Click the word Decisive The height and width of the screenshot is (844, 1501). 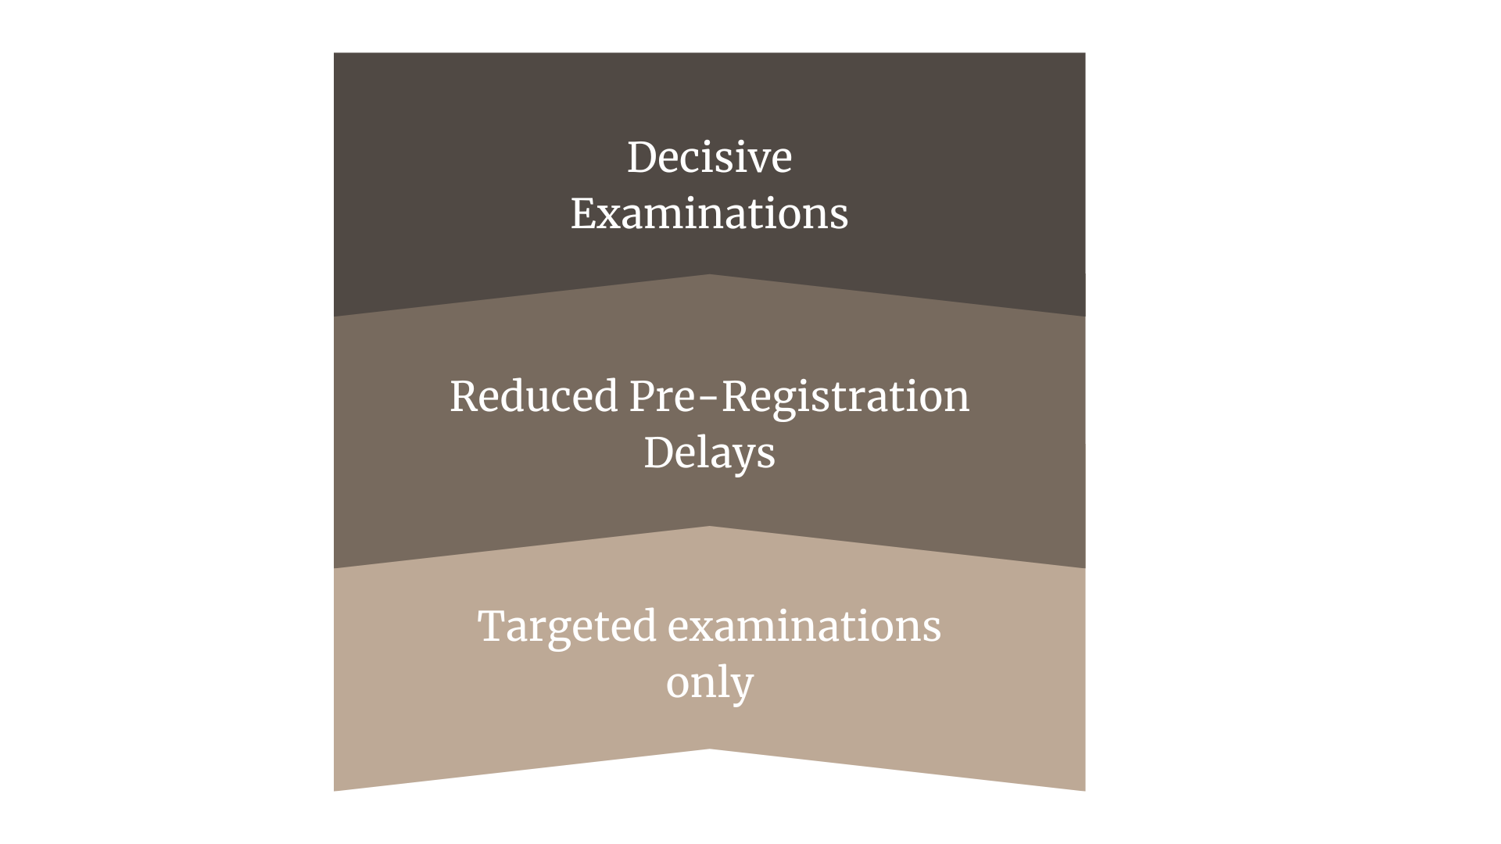709,157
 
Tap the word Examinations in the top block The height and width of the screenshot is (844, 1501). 709,213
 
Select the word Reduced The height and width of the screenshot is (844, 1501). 534,396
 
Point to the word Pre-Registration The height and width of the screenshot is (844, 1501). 799,396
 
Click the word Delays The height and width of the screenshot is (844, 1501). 709,453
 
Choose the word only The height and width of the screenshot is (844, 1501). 709,683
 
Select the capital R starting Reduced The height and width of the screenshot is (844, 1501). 464,396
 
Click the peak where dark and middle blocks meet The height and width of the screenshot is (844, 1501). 710,275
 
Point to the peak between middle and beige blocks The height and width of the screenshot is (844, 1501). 710,527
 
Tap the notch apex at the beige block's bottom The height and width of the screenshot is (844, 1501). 710,750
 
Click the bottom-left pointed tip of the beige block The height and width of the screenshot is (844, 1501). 335,789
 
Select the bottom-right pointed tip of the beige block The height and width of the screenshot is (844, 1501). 1084,789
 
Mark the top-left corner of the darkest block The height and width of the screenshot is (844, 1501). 335,54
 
